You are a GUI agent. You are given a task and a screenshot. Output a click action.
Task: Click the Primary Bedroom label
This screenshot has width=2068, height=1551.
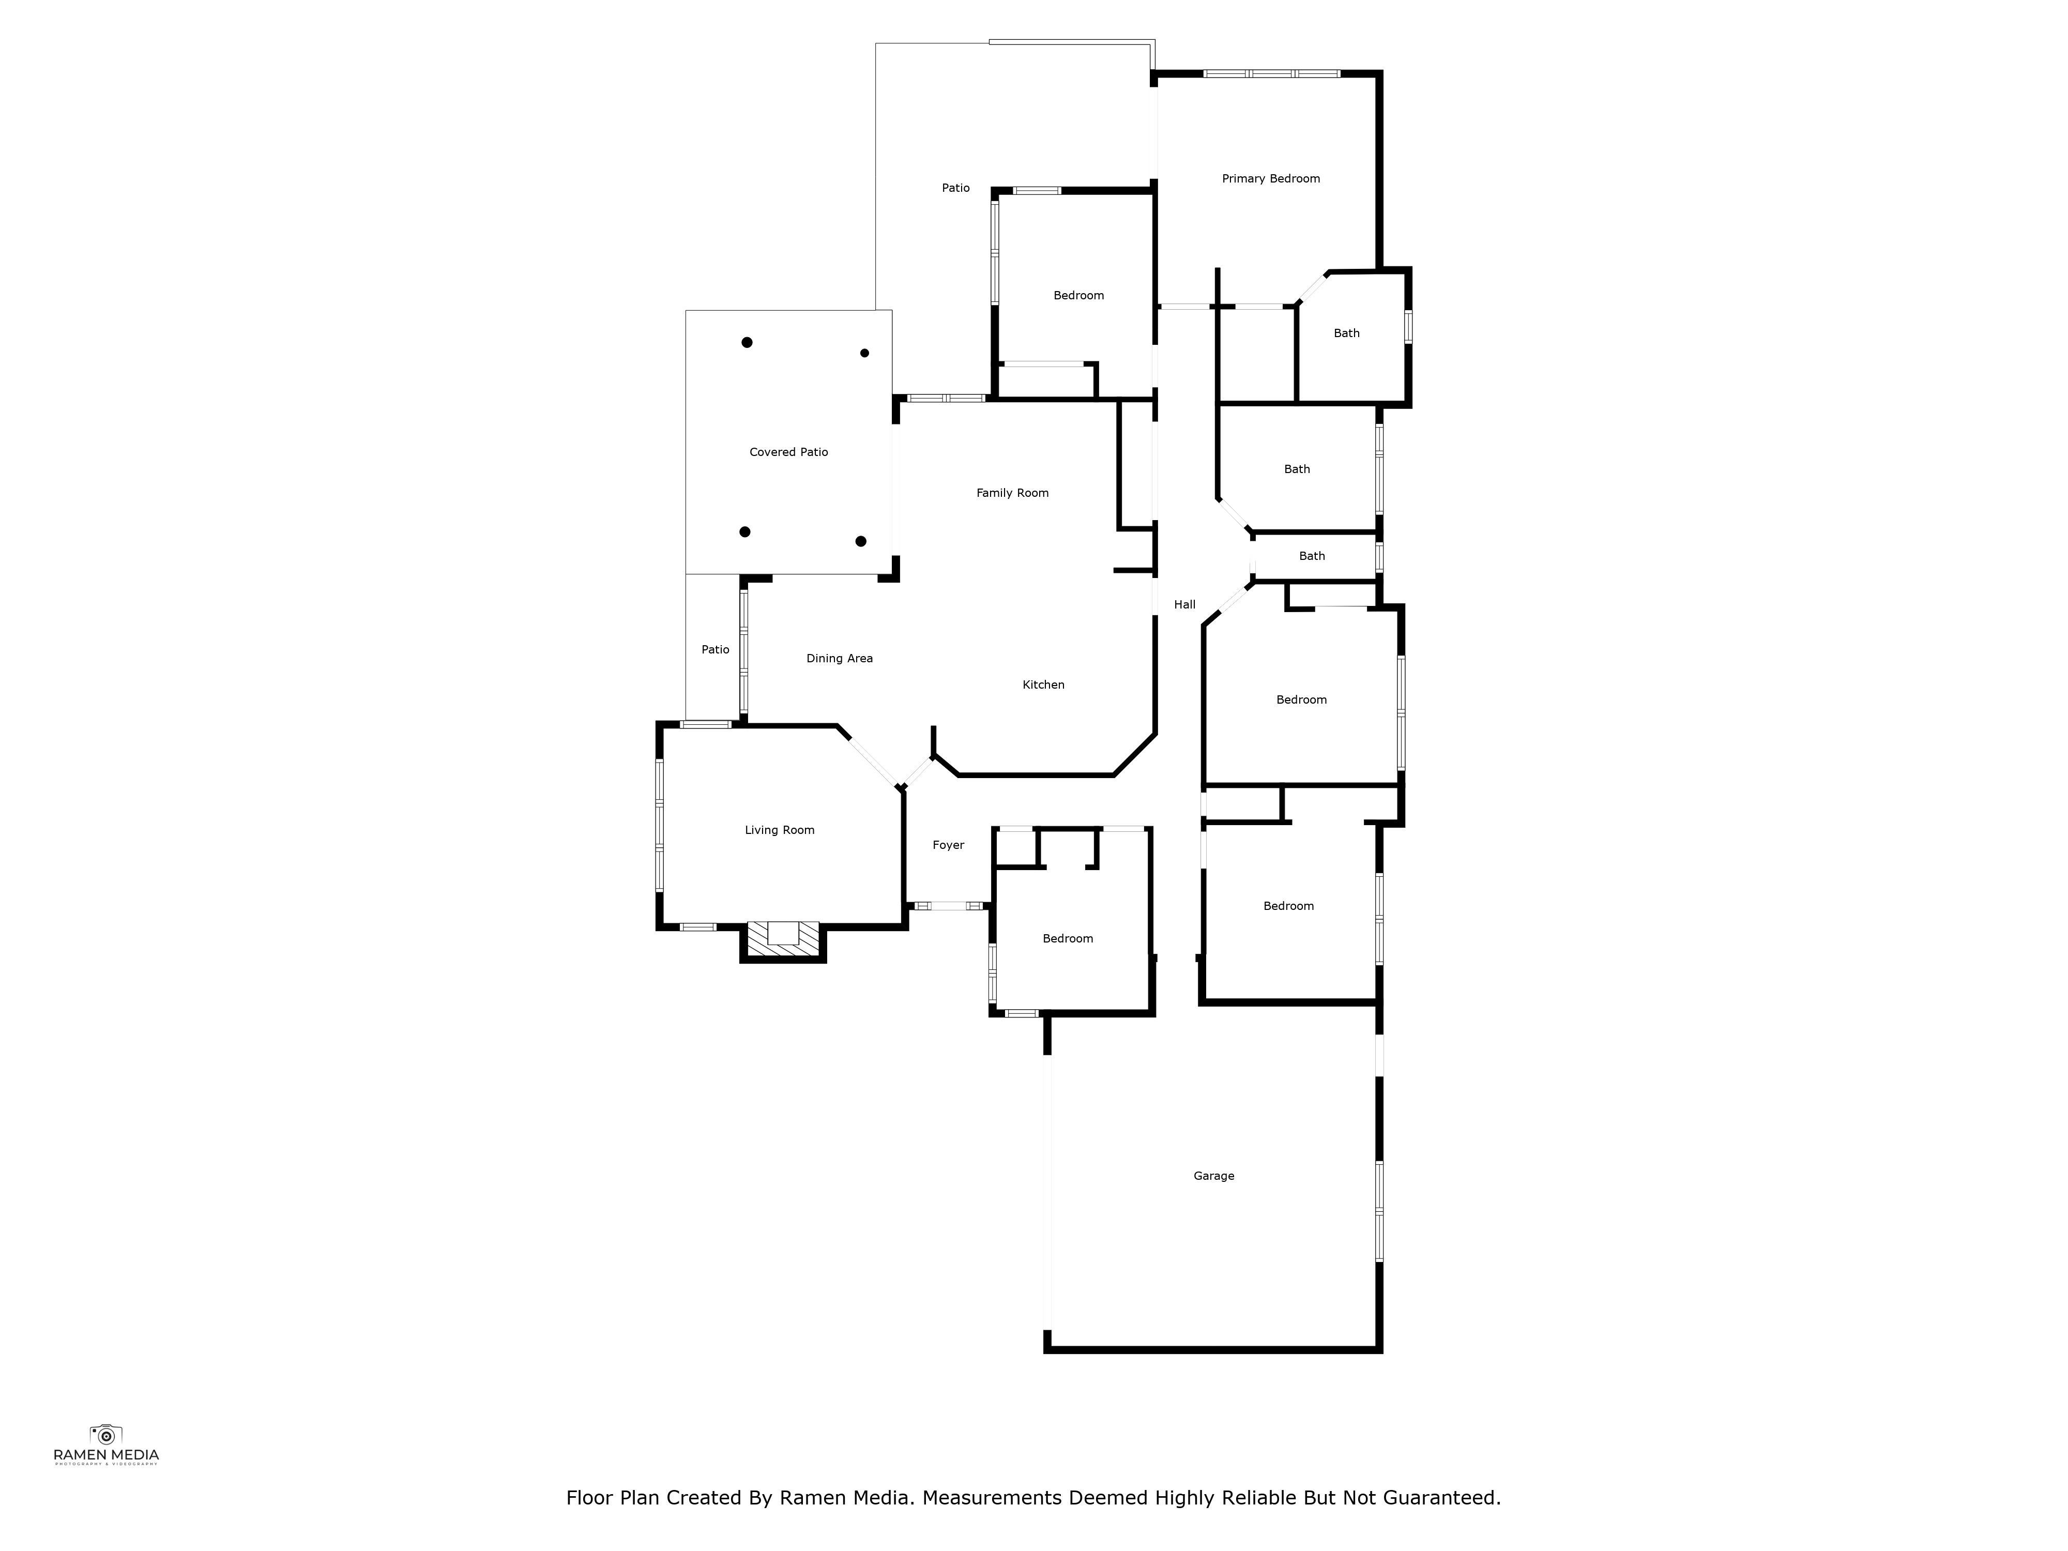click(1271, 178)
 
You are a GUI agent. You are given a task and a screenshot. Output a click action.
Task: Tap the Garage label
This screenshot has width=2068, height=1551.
click(1213, 1176)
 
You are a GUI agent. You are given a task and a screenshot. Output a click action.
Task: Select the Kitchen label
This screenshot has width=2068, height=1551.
click(1043, 685)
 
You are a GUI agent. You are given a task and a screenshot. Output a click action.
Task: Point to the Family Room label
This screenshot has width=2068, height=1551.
click(1012, 493)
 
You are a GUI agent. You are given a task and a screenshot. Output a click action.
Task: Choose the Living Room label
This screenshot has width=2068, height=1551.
click(780, 830)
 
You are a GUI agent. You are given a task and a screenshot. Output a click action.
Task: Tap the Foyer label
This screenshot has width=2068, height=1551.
click(948, 845)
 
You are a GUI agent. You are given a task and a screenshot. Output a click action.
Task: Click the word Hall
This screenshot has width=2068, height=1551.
click(1184, 605)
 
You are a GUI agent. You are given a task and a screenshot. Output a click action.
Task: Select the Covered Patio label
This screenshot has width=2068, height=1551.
click(789, 452)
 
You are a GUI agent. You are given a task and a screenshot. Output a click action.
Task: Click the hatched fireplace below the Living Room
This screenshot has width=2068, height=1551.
click(783, 939)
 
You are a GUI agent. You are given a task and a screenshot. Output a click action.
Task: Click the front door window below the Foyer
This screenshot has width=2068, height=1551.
click(949, 906)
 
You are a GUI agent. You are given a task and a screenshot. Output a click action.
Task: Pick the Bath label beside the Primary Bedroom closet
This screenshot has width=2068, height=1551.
click(1346, 334)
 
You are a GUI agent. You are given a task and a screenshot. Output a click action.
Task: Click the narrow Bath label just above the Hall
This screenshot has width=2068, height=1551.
click(1312, 556)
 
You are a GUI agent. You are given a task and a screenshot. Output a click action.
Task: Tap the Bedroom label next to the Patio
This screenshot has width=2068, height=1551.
click(1079, 295)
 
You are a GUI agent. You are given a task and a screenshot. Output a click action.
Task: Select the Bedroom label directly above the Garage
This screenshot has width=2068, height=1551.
click(1288, 906)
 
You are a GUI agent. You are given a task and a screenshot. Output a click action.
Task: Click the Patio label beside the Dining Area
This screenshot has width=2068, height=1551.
click(715, 650)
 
